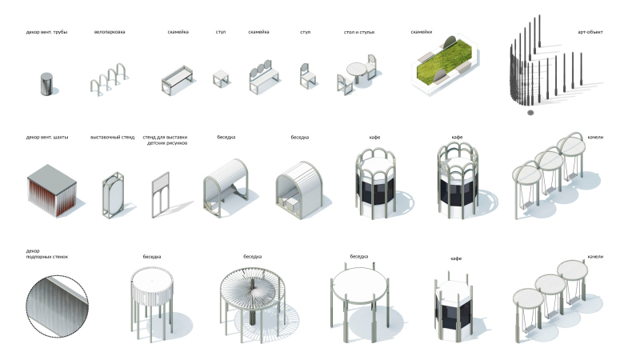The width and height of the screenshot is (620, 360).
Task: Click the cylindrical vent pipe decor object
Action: tap(46, 84)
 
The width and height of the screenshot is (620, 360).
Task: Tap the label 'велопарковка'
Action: tap(110, 32)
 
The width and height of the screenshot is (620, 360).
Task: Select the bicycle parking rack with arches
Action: tap(108, 79)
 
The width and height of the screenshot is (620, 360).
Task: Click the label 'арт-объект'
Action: tap(590, 33)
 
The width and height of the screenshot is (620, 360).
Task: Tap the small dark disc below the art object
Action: tap(530, 113)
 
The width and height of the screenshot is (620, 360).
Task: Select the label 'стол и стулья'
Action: tap(359, 32)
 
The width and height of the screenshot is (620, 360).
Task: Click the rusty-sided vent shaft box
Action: tap(52, 190)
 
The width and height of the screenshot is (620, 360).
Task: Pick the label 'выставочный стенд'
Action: tap(112, 138)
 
